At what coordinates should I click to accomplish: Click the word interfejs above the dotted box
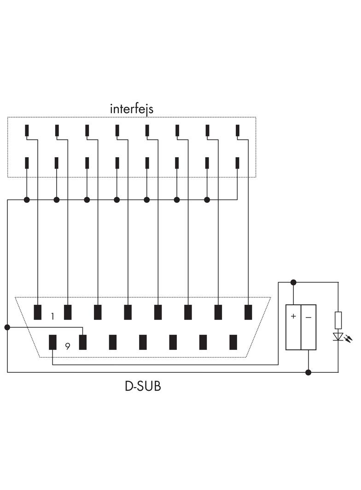pyautogui.click(x=131, y=109)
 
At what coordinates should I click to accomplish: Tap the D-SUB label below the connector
pyautogui.click(x=143, y=386)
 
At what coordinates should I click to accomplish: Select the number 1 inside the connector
pyautogui.click(x=52, y=316)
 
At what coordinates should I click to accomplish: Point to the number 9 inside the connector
pyautogui.click(x=67, y=346)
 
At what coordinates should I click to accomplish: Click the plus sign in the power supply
pyautogui.click(x=293, y=317)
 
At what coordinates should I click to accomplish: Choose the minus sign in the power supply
pyautogui.click(x=308, y=317)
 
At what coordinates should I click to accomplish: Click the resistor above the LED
pyautogui.click(x=338, y=319)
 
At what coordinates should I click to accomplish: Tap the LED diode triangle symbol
pyautogui.click(x=338, y=336)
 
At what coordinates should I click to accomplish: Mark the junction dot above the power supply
pyautogui.click(x=293, y=282)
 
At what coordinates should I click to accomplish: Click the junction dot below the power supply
pyautogui.click(x=309, y=372)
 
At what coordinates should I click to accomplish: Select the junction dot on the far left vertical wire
pyautogui.click(x=7, y=327)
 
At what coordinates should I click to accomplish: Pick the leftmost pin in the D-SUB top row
pyautogui.click(x=38, y=312)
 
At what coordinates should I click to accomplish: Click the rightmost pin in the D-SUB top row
pyautogui.click(x=248, y=312)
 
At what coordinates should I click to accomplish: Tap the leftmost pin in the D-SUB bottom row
pyautogui.click(x=53, y=342)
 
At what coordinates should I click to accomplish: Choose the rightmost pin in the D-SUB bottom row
pyautogui.click(x=233, y=342)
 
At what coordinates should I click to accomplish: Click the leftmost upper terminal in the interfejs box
pyautogui.click(x=27, y=131)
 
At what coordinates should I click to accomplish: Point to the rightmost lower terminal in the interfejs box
pyautogui.click(x=238, y=163)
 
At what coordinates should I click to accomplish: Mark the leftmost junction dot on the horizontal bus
pyautogui.click(x=27, y=199)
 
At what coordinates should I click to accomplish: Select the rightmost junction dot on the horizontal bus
pyautogui.click(x=207, y=199)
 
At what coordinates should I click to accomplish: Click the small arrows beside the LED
pyautogui.click(x=349, y=339)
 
